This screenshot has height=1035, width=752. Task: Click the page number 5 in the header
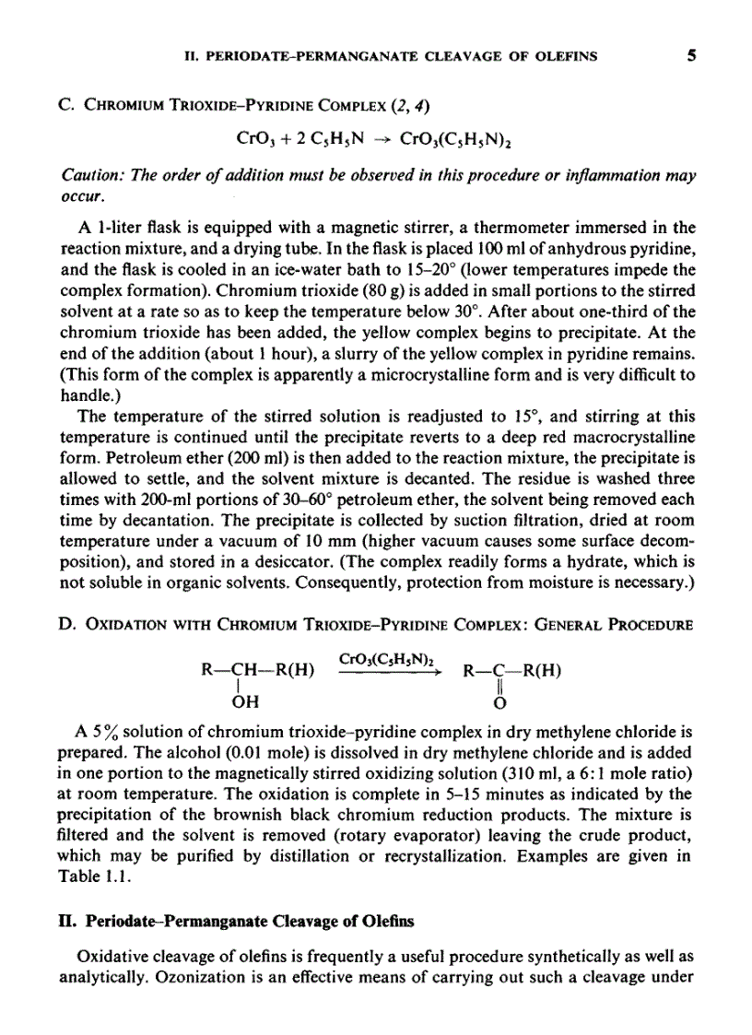click(x=690, y=55)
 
